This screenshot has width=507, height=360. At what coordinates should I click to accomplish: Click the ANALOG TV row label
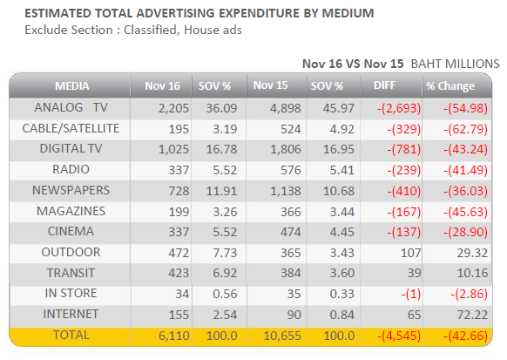pos(71,107)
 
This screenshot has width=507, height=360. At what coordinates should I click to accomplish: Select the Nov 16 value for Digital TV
pos(173,149)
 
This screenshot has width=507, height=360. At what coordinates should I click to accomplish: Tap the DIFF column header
pos(384,85)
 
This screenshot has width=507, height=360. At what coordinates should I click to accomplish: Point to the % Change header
pos(450,86)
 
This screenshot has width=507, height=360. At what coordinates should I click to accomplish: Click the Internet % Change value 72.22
pos(472,315)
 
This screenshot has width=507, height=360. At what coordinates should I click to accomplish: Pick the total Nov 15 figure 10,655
pos(282,336)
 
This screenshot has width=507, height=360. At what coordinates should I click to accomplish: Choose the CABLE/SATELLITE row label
pos(71,128)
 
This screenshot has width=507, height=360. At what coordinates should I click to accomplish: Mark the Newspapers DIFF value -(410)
pos(404,191)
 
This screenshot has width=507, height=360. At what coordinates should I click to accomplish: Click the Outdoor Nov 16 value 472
pos(179,253)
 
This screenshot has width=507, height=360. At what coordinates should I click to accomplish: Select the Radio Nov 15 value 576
pos(291,170)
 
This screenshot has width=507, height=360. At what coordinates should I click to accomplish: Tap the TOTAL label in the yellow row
pos(71,335)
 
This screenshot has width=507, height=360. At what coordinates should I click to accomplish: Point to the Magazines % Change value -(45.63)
pos(465,212)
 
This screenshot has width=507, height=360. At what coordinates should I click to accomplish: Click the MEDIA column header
pos(71,86)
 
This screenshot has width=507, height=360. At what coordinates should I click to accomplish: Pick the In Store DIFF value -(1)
pos(411,295)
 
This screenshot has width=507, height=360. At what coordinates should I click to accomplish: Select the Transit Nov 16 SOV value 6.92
pos(225,274)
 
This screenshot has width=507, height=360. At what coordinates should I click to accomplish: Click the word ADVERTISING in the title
pos(176,13)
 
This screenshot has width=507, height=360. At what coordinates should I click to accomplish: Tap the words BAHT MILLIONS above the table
pos(455,64)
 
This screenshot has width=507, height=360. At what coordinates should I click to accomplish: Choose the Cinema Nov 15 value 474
pos(291,232)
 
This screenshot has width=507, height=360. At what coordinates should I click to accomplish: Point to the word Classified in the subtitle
pos(151,31)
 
